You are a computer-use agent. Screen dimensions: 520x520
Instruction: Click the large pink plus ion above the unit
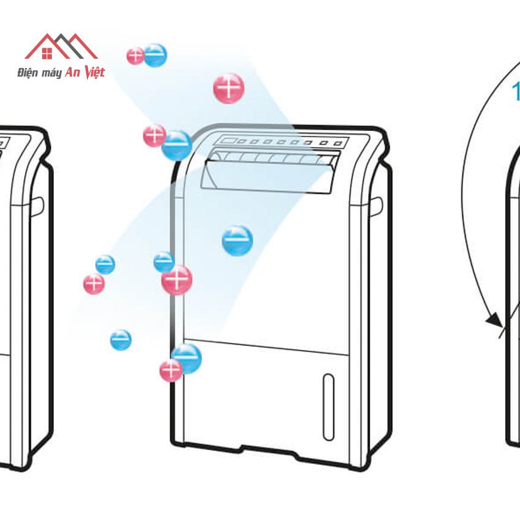229,88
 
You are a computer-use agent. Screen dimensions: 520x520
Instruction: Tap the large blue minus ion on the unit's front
237,240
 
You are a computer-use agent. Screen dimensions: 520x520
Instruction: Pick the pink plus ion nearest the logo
135,56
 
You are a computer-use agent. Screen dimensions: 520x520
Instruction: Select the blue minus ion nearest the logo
155,55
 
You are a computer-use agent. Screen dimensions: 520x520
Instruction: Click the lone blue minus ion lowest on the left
121,340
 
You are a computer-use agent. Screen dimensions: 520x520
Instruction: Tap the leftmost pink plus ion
94,283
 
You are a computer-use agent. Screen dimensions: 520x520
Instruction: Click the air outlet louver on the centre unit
269,169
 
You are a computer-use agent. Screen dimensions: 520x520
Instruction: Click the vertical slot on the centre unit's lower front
329,406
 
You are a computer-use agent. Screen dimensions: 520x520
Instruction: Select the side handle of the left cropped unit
39,205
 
